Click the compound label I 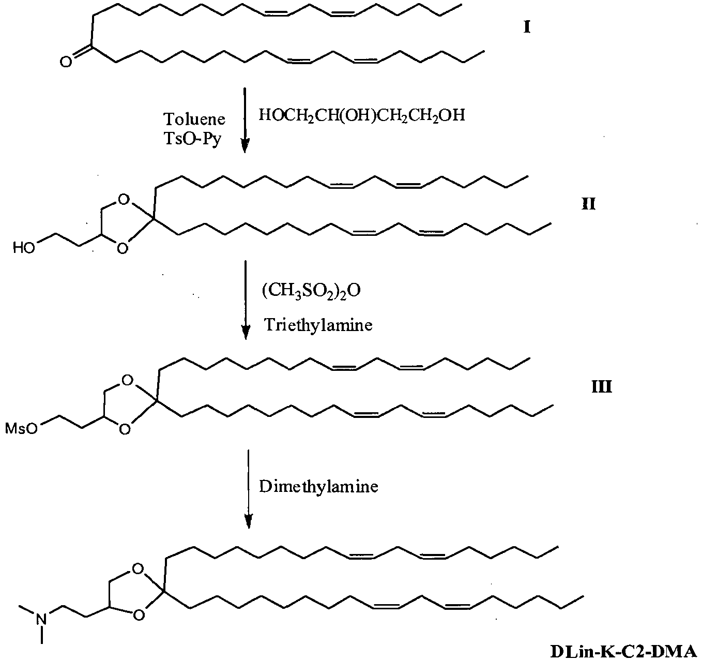point(527,27)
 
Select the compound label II point(589,204)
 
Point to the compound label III point(602,387)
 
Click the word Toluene point(194,119)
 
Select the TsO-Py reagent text point(192,139)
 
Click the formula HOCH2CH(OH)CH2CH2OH point(362,115)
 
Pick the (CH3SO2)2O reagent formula point(311,291)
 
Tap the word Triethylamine point(318,324)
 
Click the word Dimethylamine point(318,487)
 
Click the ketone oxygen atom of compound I point(66,62)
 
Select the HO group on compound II point(24,248)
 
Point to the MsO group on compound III point(21,429)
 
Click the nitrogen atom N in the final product point(42,619)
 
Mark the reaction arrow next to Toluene point(245,120)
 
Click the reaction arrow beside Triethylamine point(246,300)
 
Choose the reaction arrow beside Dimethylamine point(249,489)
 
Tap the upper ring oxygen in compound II point(124,200)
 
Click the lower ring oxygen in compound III point(125,429)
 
